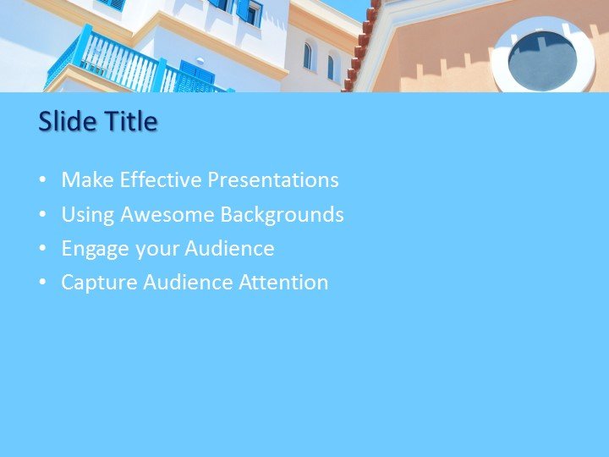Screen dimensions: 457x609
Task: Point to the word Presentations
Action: (x=273, y=180)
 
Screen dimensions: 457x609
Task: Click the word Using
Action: (x=87, y=215)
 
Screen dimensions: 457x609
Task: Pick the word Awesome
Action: (x=167, y=215)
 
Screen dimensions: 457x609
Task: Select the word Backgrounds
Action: (x=282, y=215)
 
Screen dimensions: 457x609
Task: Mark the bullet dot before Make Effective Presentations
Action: (x=43, y=181)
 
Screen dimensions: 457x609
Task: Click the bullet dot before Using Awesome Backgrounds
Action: (x=43, y=216)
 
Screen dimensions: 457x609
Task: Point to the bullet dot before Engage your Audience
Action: (x=43, y=250)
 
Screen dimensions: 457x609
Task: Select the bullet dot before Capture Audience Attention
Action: (x=43, y=284)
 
